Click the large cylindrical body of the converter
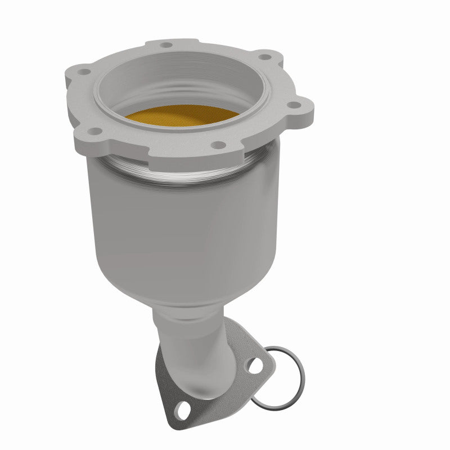(x=180, y=225)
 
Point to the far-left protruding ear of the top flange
(x=76, y=76)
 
